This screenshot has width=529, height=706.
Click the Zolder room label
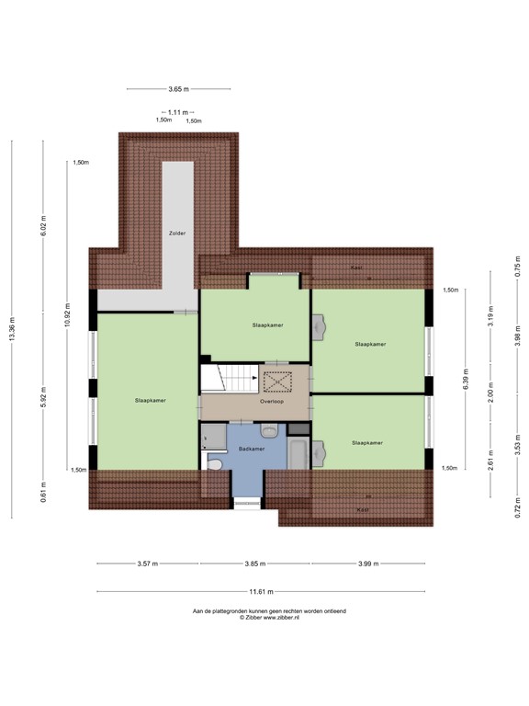(x=177, y=233)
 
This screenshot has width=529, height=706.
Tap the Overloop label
(x=271, y=402)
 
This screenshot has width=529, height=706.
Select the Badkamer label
(x=251, y=449)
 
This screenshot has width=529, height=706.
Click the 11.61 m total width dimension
(x=264, y=591)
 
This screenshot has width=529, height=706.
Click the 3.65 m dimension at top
(x=178, y=89)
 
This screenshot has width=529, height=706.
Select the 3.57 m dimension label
(x=147, y=564)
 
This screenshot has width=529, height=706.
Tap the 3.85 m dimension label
(x=254, y=564)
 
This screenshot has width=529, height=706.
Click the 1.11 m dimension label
(x=178, y=111)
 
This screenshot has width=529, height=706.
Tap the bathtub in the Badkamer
(x=298, y=453)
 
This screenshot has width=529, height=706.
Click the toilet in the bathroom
(x=214, y=465)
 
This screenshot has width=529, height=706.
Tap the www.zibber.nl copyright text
(x=268, y=618)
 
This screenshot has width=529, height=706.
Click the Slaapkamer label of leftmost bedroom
(x=150, y=401)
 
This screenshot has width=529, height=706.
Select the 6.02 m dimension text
(x=43, y=225)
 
